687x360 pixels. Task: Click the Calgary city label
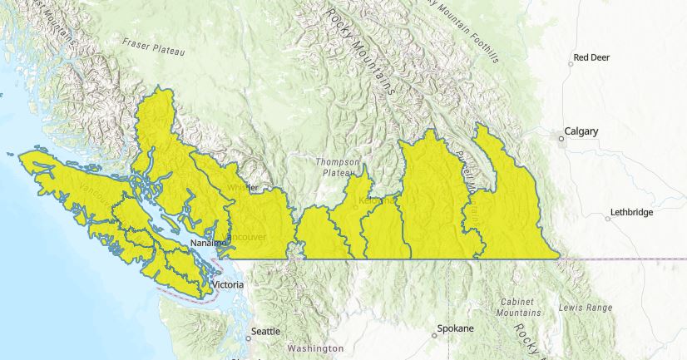click(582, 131)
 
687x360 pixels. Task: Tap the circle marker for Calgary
click(561, 138)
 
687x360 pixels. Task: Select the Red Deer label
click(592, 58)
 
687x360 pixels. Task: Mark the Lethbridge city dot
click(608, 218)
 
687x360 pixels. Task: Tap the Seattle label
click(266, 331)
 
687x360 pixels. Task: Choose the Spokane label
click(457, 329)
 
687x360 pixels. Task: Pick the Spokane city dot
click(434, 336)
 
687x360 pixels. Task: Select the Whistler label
click(243, 187)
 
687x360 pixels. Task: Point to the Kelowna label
click(374, 202)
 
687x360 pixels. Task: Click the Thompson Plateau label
click(338, 167)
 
